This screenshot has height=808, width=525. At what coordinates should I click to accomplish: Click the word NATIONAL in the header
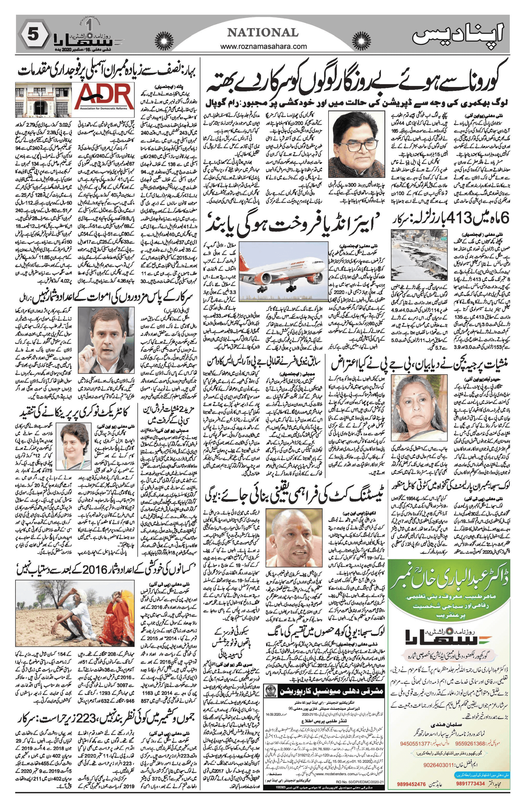tap(262, 33)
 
